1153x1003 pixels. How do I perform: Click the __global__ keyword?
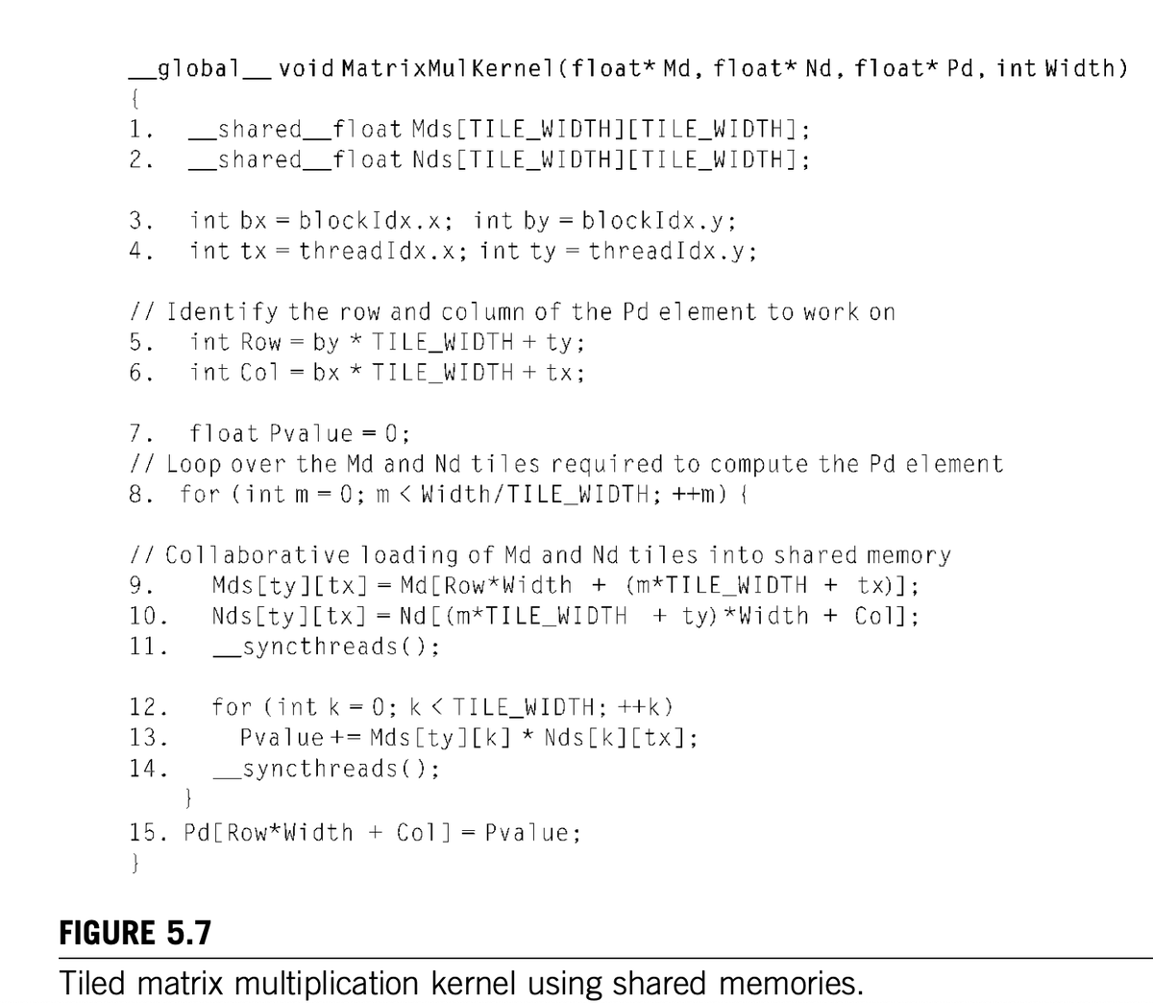(x=200, y=69)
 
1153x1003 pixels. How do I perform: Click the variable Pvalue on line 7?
(x=311, y=433)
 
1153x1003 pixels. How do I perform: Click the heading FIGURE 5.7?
(x=135, y=933)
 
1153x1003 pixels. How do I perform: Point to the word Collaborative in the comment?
(x=258, y=555)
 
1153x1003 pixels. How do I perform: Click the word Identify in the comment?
(x=222, y=311)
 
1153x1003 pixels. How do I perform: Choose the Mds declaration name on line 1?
(x=432, y=129)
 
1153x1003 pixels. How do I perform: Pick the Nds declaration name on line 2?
(x=432, y=159)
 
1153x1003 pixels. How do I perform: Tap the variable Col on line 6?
(x=259, y=373)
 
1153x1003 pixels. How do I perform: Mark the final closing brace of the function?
(x=135, y=863)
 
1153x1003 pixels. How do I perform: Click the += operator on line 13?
(x=346, y=738)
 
